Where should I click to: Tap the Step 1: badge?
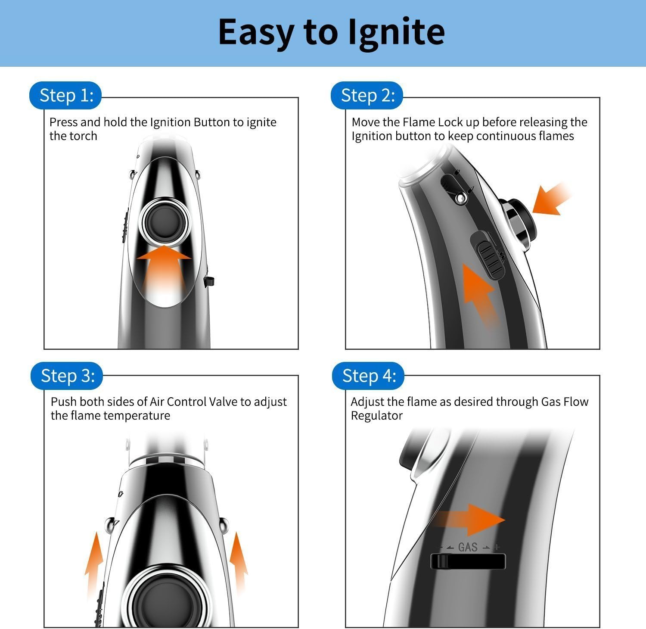[x=65, y=95]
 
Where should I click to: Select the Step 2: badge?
[x=367, y=95]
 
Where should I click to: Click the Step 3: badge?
[x=67, y=376]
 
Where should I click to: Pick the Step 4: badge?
[x=368, y=376]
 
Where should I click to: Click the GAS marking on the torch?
[x=468, y=547]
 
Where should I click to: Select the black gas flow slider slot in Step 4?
[x=468, y=561]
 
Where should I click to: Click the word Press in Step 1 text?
[x=63, y=122]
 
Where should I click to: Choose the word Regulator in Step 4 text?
[x=377, y=416]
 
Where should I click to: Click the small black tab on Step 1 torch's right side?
[x=209, y=282]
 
